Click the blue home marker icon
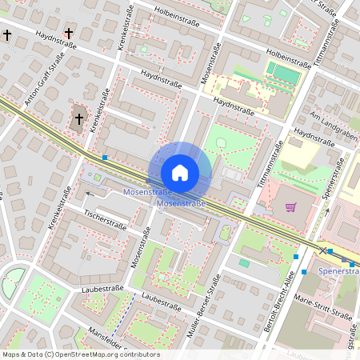(180, 172)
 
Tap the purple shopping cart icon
(290, 208)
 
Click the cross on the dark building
(78, 119)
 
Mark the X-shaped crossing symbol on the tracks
(323, 250)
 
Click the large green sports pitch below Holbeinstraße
(285, 74)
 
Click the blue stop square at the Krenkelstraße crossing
(105, 157)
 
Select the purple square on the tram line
(345, 260)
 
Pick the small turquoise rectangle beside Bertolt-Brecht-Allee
(244, 262)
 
